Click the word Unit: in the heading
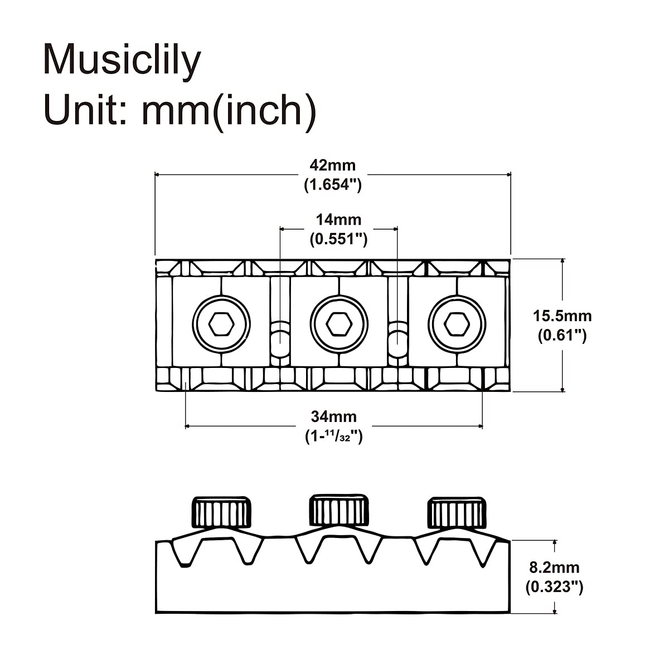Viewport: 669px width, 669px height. click(x=86, y=110)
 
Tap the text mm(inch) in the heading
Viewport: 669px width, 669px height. click(x=229, y=113)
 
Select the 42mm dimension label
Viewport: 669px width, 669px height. click(x=333, y=165)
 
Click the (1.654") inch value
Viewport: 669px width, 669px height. click(x=333, y=185)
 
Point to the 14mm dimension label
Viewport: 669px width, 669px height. click(x=338, y=220)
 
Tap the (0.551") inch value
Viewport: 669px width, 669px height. click(x=338, y=239)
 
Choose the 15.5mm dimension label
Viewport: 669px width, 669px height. click(x=563, y=316)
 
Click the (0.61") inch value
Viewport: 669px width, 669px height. click(x=563, y=336)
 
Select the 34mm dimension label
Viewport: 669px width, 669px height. click(x=333, y=416)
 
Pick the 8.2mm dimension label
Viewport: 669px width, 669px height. click(x=554, y=568)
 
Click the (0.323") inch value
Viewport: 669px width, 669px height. click(x=554, y=587)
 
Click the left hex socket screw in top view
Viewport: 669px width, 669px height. click(x=221, y=324)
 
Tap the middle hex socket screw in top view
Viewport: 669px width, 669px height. click(x=339, y=324)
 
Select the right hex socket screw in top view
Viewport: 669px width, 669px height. click(x=457, y=324)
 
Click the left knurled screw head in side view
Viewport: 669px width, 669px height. click(x=221, y=513)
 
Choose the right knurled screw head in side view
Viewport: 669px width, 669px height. click(x=457, y=513)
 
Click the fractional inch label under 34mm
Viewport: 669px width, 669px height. click(x=333, y=437)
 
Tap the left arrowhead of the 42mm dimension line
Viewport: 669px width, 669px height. click(x=157, y=174)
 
